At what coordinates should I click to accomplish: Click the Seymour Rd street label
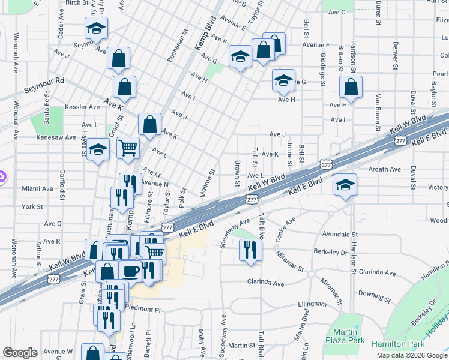(x=44, y=85)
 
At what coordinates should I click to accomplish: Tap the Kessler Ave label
(x=86, y=107)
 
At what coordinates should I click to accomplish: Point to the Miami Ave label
(x=37, y=188)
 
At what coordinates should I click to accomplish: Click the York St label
(x=32, y=206)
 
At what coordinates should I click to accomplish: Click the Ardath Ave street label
(x=385, y=169)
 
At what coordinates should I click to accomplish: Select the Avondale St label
(x=340, y=235)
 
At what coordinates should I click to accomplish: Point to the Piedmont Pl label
(x=144, y=310)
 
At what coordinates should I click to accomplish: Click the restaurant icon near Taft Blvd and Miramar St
(x=250, y=249)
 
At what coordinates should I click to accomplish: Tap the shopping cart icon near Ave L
(x=128, y=146)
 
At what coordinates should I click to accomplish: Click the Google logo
(x=20, y=353)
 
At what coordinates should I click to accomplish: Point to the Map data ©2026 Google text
(x=411, y=355)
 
